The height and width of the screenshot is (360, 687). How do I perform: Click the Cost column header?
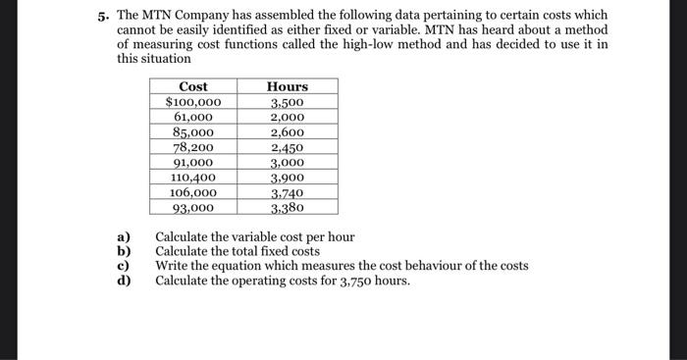click(x=192, y=86)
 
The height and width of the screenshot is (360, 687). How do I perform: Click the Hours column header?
click(x=288, y=86)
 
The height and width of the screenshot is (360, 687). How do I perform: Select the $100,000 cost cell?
click(x=192, y=102)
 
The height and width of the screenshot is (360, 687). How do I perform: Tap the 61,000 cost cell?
click(x=193, y=117)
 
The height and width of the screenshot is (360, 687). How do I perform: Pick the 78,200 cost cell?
click(x=193, y=147)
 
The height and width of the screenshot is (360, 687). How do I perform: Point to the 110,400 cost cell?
click(x=193, y=178)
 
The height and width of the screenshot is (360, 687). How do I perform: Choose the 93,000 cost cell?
click(x=193, y=208)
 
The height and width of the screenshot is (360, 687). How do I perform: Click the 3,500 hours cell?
click(x=288, y=102)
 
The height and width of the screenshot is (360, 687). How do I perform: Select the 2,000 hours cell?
click(x=288, y=117)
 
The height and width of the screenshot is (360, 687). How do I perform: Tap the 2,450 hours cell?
click(x=288, y=147)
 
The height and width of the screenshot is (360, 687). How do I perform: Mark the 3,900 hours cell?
click(x=288, y=178)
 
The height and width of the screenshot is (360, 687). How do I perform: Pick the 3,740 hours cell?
click(x=288, y=193)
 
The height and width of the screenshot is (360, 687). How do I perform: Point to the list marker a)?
click(x=124, y=237)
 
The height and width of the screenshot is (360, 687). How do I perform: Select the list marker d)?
click(x=124, y=282)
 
